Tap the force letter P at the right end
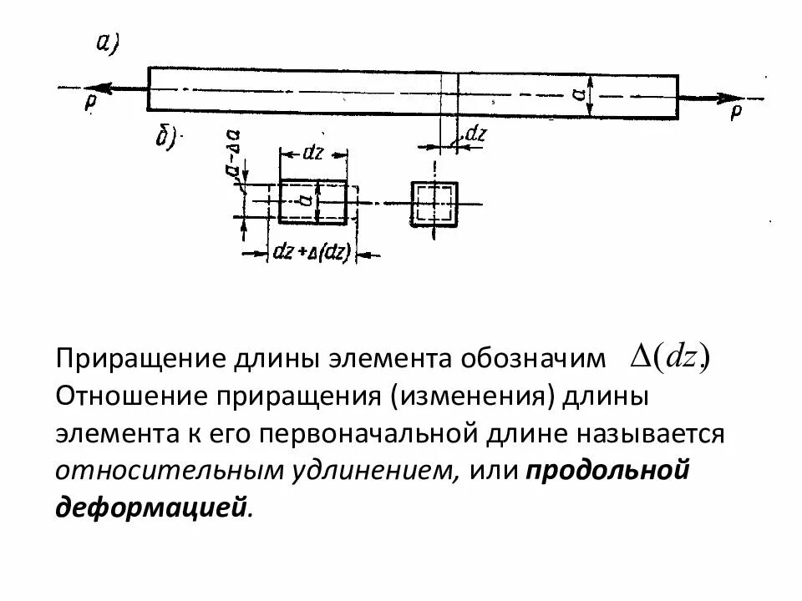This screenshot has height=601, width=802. tap(735, 110)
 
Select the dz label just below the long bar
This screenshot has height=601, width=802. tap(475, 134)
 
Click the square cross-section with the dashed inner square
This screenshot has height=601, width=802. tap(434, 203)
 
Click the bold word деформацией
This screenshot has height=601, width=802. tap(151, 508)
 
